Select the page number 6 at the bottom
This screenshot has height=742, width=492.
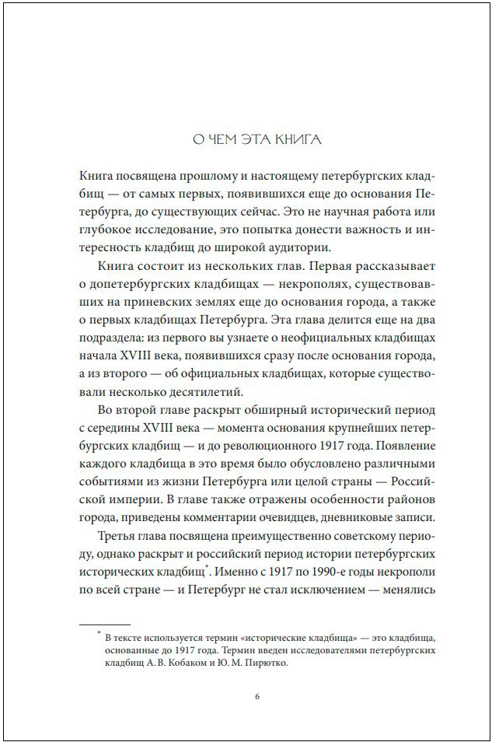tap(256, 695)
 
